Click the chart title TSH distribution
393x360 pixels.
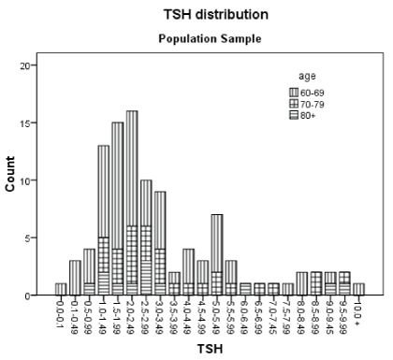216,14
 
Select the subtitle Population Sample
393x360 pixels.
210,38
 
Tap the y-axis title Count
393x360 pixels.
10,174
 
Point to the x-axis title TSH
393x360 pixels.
210,349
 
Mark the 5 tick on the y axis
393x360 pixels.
27,238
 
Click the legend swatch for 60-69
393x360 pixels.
294,93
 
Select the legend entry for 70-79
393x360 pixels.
307,104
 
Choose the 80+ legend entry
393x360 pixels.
302,116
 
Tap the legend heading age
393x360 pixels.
307,77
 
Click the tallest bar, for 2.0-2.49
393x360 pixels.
132,203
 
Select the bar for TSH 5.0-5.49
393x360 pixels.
217,254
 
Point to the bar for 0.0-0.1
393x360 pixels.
61,289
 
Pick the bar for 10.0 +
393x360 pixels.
358,289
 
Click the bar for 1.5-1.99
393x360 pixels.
118,209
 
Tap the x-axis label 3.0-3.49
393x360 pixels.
160,315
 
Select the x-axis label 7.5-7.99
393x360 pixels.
287,315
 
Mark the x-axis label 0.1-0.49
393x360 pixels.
75,315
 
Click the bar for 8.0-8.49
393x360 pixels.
302,283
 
